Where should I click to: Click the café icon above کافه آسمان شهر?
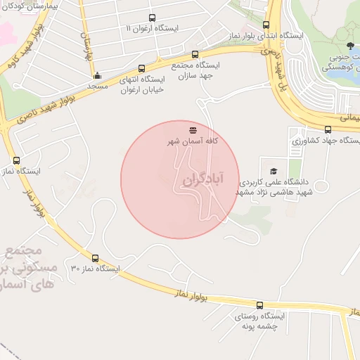pos(193,130)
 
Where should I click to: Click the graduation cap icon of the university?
pos(274,170)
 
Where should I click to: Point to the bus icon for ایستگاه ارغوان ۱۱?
pos(153,18)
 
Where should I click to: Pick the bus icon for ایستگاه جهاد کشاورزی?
pos(328,129)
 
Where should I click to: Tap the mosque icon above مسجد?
pos(97,76)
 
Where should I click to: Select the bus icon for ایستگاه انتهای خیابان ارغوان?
pos(143,69)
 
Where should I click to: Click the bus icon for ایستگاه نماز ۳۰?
pos(96,258)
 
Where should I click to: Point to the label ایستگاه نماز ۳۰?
pos(96,269)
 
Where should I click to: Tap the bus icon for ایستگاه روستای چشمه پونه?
pos(259,306)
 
